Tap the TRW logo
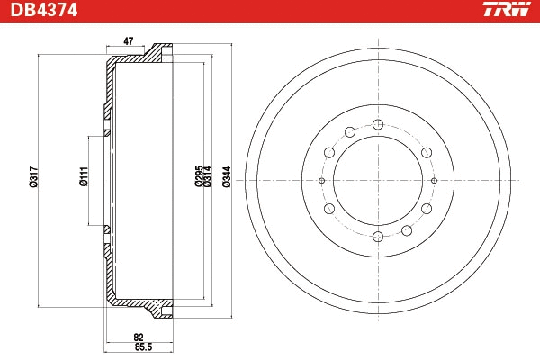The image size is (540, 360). pos(506,11)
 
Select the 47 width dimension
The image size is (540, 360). pos(129,41)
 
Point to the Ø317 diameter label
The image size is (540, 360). pos(33,177)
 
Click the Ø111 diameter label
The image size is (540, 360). pos(83,177)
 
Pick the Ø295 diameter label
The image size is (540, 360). pos(198,177)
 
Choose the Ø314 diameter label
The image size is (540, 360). pos(207,177)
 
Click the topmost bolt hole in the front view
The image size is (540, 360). pos(378,123)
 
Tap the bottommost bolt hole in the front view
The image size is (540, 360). pos(378,237)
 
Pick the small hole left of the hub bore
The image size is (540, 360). pos(321,180)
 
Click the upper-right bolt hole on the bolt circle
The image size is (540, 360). pos(427,151)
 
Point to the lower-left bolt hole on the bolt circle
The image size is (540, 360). pos(329,209)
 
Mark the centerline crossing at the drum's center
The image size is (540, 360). pos(378,180)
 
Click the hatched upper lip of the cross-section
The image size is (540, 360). pos(161,51)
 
